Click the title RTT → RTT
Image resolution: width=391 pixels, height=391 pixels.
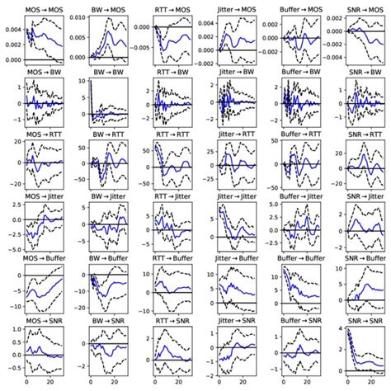[x=172, y=138]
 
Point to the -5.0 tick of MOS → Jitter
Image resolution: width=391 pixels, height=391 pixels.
[x=12, y=248]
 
